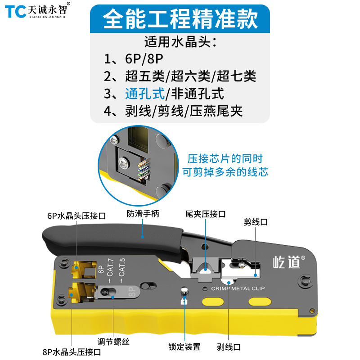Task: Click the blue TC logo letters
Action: (x=15, y=12)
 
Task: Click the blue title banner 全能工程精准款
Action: (x=180, y=18)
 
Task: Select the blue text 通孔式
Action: (x=144, y=94)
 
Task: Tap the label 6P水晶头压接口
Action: (x=76, y=216)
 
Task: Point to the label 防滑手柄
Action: (x=143, y=213)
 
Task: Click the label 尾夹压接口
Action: (x=206, y=214)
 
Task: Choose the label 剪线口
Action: (x=256, y=222)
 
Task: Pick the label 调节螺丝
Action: (x=113, y=342)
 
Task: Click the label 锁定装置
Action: (x=184, y=346)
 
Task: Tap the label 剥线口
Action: (x=229, y=347)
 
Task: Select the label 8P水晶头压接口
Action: (x=72, y=352)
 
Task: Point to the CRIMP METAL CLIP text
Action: (x=238, y=288)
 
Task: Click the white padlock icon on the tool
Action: (x=184, y=301)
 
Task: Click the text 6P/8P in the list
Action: (x=144, y=59)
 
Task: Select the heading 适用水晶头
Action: (x=180, y=42)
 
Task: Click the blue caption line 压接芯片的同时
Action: (x=225, y=159)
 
